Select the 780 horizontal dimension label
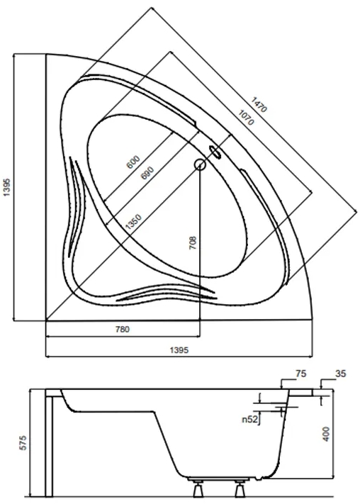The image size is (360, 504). [122, 329]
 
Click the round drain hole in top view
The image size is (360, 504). [201, 164]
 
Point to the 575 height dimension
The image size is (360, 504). [23, 444]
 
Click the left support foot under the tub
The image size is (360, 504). [198, 487]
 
